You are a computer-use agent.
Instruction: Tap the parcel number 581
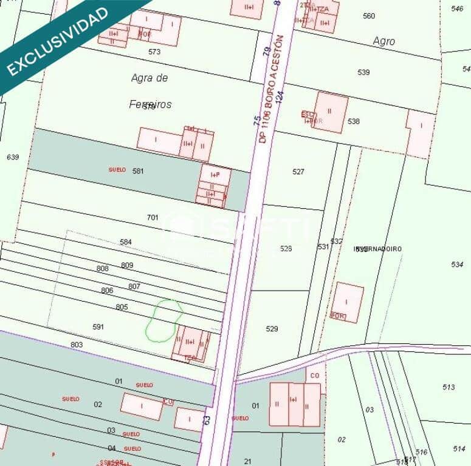(x=138, y=171)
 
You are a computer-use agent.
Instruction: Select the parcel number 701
(x=153, y=217)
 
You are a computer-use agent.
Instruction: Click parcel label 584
(x=126, y=242)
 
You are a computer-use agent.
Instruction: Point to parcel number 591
(x=98, y=326)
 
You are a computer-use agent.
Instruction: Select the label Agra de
(x=149, y=78)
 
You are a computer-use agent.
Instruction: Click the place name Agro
(x=383, y=41)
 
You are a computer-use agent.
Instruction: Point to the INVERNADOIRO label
(x=378, y=249)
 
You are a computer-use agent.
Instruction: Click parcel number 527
(x=298, y=172)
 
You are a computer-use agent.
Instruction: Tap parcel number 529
(x=272, y=329)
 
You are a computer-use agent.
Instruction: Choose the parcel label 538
(x=354, y=121)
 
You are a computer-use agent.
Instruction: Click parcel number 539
(x=363, y=72)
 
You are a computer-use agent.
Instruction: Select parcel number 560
(x=368, y=16)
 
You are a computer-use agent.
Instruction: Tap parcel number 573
(x=154, y=52)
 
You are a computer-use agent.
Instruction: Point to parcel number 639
(x=13, y=157)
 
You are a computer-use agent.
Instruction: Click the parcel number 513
(x=449, y=387)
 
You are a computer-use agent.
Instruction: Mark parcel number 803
(x=76, y=345)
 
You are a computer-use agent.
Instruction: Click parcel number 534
(x=457, y=265)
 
